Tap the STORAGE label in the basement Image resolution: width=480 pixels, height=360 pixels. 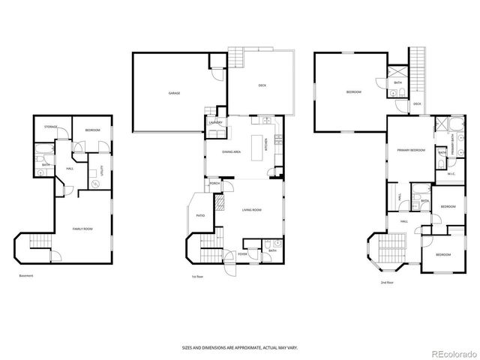pyautogui.click(x=51, y=127)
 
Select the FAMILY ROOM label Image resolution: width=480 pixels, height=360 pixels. pyautogui.click(x=82, y=228)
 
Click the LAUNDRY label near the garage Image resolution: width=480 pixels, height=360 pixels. pyautogui.click(x=213, y=121)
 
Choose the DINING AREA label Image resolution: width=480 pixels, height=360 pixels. pyautogui.click(x=231, y=152)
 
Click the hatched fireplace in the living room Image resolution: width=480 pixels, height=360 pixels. pyautogui.click(x=220, y=202)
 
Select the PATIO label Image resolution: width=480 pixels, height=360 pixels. pyautogui.click(x=200, y=215)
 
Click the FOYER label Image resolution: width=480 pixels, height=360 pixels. pyautogui.click(x=243, y=254)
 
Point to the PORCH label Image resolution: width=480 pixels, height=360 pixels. pyautogui.click(x=214, y=183)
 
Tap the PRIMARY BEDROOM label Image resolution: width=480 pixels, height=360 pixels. pyautogui.click(x=411, y=150)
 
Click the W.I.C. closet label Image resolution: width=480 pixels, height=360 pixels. pyautogui.click(x=451, y=174)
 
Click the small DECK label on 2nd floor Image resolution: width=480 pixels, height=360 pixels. pyautogui.click(x=416, y=103)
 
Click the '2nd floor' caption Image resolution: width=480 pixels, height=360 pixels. pyautogui.click(x=388, y=282)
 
